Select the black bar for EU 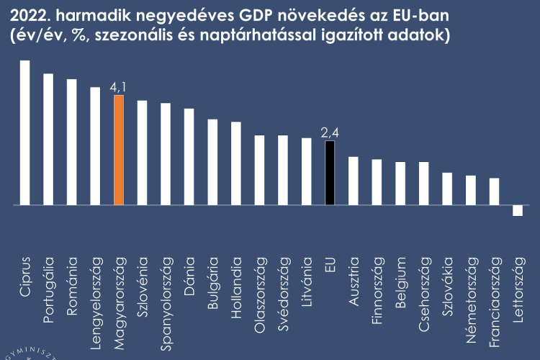pos(330,173)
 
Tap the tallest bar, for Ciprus pos(25,132)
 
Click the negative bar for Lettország pos(517,210)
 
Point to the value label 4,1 pos(119,88)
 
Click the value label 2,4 pos(330,132)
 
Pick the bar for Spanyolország pos(166,154)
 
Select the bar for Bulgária pos(212,162)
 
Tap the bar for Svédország pos(283,170)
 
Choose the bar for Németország pos(470,190)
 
